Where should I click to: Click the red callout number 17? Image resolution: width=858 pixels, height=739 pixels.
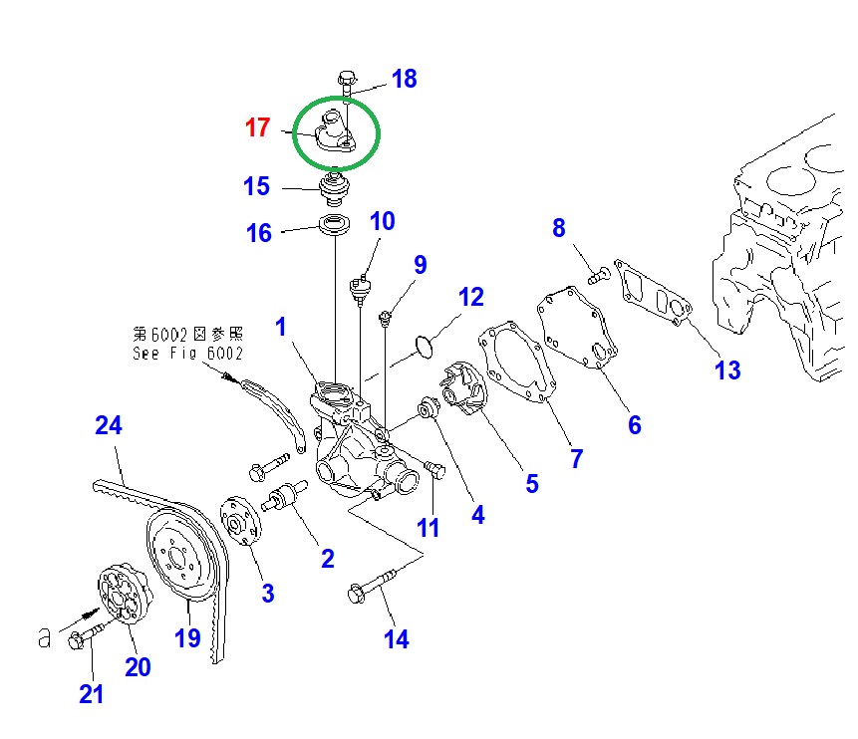pos(257,127)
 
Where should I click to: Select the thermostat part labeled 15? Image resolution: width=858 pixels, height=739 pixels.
pos(335,186)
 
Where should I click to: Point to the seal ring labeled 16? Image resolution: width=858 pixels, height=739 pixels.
pos(334,224)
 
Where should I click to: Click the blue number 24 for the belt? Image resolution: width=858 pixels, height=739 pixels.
pos(109,425)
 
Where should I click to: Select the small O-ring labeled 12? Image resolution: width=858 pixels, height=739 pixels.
pos(423,346)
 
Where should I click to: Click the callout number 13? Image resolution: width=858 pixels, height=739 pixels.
pos(727,370)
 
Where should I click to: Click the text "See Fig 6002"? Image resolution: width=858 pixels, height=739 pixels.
pos(187,353)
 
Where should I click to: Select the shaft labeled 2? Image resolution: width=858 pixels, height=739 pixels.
pos(285,495)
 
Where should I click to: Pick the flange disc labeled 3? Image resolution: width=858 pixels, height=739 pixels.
pos(237,520)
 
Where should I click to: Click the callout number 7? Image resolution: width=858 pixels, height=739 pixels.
pos(576,458)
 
